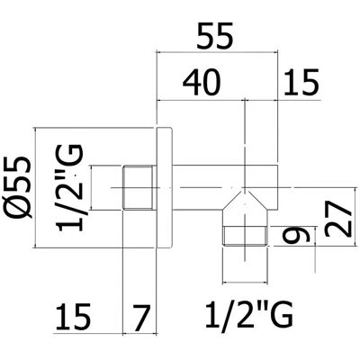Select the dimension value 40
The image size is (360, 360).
pos(202,83)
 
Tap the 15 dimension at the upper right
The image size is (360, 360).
pos(301,82)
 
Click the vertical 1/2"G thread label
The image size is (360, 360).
pos(69,188)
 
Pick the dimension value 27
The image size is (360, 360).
pos(337,219)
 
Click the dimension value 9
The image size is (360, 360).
pos(295,235)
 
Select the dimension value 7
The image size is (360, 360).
pos(140,317)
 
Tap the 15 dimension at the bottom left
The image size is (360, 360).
pos(73,317)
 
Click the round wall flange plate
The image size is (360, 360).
pos(165,188)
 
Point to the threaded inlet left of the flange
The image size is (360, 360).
pos(139,187)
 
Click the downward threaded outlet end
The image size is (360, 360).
pos(246,237)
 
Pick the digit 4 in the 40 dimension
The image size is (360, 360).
pos(192,83)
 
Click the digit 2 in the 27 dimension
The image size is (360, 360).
pos(337,228)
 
